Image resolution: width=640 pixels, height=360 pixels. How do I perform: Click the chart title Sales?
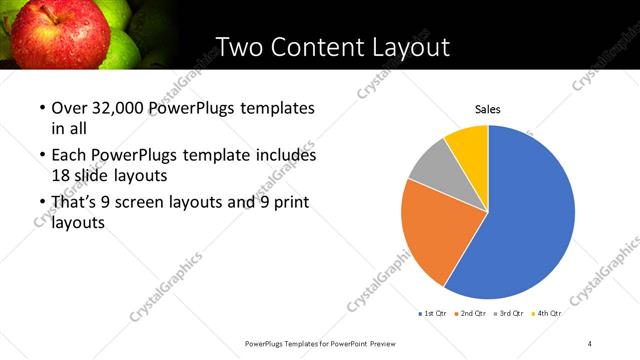(487, 109)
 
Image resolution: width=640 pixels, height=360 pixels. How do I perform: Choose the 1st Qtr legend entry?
(432, 314)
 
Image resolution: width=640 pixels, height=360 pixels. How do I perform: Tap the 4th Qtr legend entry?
(548, 314)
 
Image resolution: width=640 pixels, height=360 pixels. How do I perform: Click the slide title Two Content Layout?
(332, 46)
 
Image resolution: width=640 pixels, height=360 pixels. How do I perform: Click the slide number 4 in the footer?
(590, 344)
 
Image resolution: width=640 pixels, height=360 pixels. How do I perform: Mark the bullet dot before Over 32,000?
(42, 108)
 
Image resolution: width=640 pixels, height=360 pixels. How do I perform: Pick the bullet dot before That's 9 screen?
(42, 203)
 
